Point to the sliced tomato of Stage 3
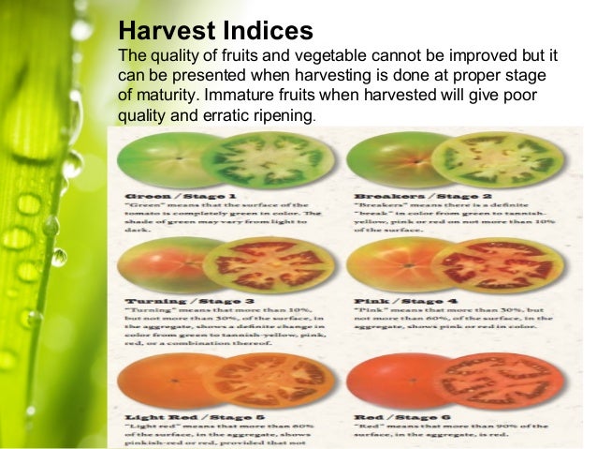pyautogui.click(x=266, y=265)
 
